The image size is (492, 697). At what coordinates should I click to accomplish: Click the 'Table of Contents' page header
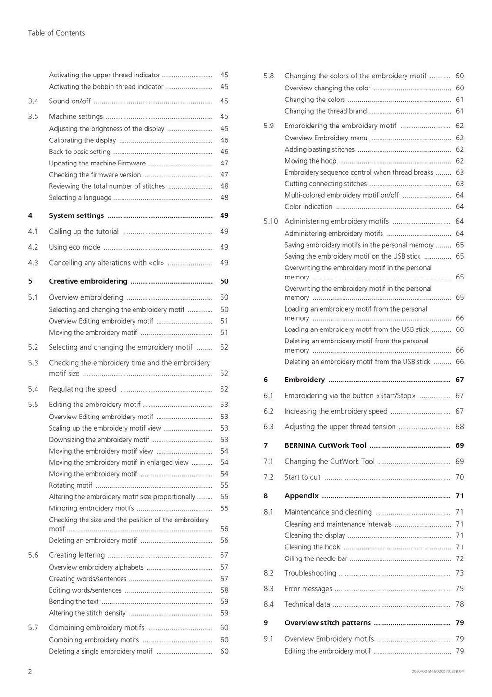pos(56,33)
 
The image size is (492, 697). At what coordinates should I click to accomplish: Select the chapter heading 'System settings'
pos(76,215)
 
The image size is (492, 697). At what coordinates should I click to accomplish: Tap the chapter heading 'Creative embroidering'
pos(88,281)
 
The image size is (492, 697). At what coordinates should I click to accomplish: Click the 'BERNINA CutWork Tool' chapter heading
pos(325,445)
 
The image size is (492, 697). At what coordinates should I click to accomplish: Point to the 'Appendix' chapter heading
pos(301,496)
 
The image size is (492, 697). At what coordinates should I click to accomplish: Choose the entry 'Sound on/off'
pos(70,101)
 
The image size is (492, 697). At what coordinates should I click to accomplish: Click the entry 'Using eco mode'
pos(74,247)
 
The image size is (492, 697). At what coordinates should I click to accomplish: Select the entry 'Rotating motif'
pos(71,485)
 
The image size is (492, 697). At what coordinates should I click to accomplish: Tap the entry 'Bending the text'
pos(74,601)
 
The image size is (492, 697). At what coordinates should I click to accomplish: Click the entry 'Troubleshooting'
pos(310,573)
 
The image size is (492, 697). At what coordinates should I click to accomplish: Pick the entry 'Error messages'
pos(308,589)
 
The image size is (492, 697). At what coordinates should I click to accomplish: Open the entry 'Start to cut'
pos(302,477)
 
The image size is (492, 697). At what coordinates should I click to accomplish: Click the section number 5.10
pos(271,221)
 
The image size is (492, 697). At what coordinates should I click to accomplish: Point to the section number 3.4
pos(33,101)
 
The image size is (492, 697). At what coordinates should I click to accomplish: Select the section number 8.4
pos(269,604)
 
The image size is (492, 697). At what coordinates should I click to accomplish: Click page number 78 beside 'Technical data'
pos(460,604)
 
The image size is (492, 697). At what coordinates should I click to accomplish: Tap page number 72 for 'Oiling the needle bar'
pos(460,558)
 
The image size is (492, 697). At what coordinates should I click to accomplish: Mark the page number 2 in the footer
pos(30,672)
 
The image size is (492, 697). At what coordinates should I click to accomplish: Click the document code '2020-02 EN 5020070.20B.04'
pos(438,672)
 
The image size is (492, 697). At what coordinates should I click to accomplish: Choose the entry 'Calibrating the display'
pos(83,140)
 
